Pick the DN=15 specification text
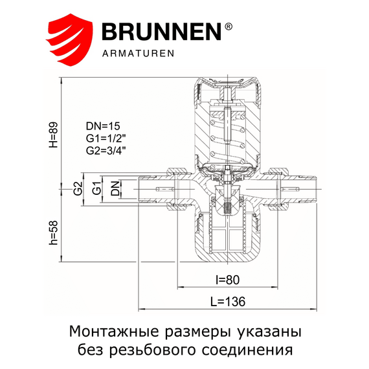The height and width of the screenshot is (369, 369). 103,126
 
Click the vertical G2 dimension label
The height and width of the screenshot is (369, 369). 77,189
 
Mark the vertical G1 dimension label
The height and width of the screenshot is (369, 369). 96,189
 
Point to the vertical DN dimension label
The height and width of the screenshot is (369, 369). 115,189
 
